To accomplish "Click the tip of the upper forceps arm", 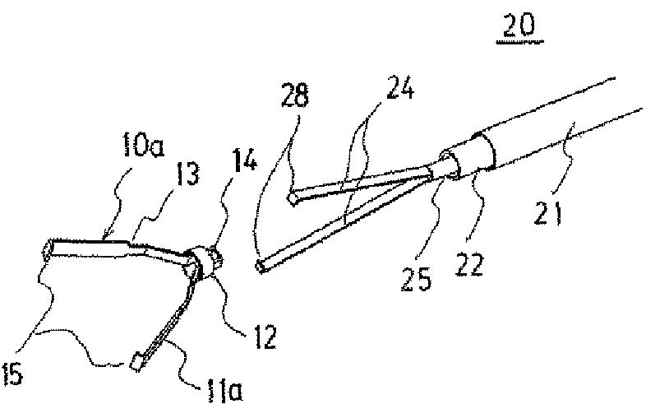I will pyautogui.click(x=293, y=198).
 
